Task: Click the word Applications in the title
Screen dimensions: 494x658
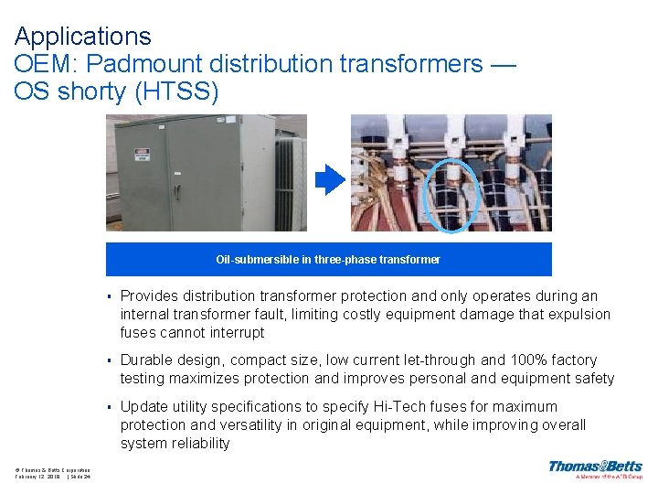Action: coord(82,37)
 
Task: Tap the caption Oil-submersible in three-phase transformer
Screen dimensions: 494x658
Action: coord(328,260)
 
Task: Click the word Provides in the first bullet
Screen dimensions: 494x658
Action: coord(150,296)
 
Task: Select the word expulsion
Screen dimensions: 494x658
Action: coord(578,315)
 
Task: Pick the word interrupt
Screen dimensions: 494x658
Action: coord(237,333)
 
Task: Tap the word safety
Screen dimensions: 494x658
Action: coord(592,379)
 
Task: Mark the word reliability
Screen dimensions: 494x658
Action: coord(196,444)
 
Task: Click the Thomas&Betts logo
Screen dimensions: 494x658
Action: coord(595,468)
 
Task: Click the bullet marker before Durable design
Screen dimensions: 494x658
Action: coord(109,361)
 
